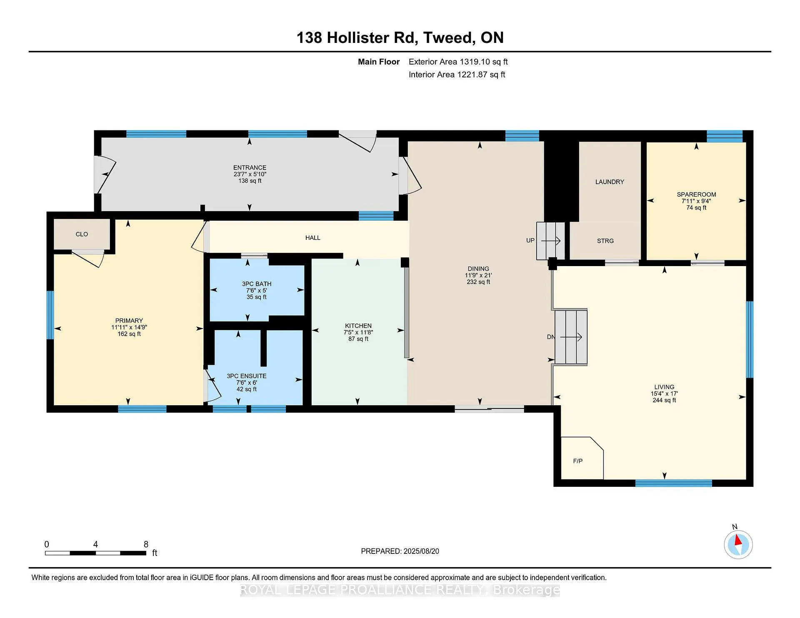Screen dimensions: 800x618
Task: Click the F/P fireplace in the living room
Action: pos(582,458)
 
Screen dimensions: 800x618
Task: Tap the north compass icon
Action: pos(738,544)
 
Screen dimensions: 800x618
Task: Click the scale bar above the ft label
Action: pos(95,553)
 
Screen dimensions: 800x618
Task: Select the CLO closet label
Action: pos(82,234)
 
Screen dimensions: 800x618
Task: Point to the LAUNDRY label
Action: pos(610,182)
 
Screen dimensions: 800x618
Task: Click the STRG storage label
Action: pos(605,241)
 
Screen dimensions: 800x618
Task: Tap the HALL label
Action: pos(313,238)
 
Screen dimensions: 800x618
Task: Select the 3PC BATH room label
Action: pos(257,284)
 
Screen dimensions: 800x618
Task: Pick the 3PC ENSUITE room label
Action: pos(247,376)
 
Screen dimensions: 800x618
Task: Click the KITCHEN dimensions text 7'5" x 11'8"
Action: pos(358,332)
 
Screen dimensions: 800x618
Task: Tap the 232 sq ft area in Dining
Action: pos(478,282)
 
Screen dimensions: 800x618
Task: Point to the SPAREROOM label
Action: pos(696,194)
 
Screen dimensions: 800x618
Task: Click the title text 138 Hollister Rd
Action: pos(356,37)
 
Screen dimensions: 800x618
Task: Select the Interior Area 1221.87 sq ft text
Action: pos(457,75)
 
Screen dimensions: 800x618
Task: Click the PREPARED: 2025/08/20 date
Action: pos(400,551)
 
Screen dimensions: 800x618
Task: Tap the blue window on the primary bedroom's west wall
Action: pos(50,315)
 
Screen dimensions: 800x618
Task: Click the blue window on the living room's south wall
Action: pos(674,483)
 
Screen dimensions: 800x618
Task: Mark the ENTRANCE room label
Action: pos(250,168)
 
